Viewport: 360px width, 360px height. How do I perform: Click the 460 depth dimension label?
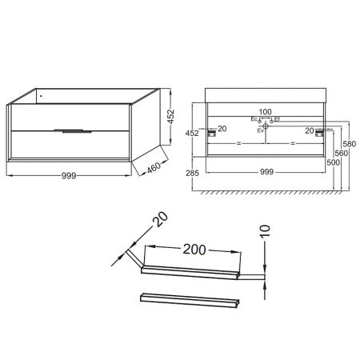[x=154, y=167]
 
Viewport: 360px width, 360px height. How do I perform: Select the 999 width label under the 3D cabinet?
[x=69, y=176]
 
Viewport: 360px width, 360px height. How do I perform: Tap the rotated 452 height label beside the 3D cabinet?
[x=170, y=116]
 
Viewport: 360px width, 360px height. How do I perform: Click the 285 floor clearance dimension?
[x=192, y=173]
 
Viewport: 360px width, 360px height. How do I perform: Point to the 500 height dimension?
[x=334, y=162]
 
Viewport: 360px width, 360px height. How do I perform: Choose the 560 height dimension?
[x=342, y=154]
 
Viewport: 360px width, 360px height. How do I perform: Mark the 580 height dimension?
[x=350, y=144]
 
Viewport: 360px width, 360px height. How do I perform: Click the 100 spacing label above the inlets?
[x=266, y=112]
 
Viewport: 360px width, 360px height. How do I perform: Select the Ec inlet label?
[x=254, y=119]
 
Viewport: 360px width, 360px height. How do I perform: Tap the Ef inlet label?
[x=277, y=119]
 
